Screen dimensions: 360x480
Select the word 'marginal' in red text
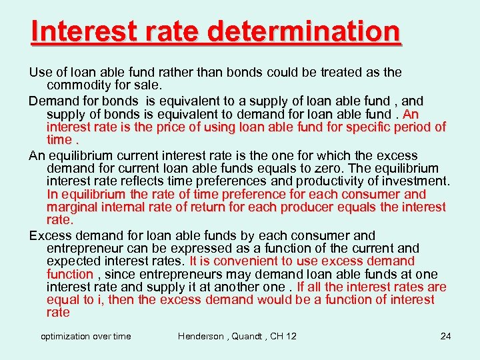(x=73, y=207)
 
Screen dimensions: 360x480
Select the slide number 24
(x=445, y=336)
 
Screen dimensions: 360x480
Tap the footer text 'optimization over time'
(x=86, y=336)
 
